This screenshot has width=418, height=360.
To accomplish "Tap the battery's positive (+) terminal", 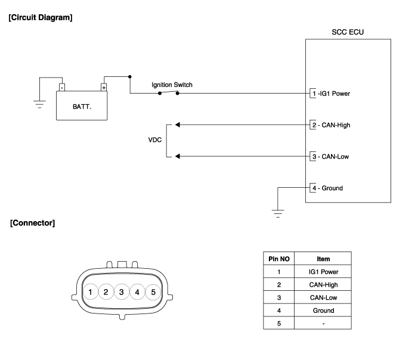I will [x=104, y=87].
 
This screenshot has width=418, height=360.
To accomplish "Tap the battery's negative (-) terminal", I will [x=61, y=87].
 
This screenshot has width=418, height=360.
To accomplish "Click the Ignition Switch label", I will [x=171, y=85].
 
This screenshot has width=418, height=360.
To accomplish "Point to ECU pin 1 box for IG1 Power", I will [x=314, y=94].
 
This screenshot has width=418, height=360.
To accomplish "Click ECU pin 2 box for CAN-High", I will [x=314, y=125].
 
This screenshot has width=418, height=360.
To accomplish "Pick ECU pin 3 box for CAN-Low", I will [x=314, y=157].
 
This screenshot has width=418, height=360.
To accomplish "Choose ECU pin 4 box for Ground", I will [x=314, y=188].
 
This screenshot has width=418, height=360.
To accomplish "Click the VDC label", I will [x=155, y=141].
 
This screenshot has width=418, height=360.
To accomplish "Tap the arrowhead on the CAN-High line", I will [x=177, y=125].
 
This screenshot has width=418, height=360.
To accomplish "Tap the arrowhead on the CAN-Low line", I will [x=177, y=157].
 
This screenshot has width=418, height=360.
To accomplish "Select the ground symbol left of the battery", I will [x=39, y=105].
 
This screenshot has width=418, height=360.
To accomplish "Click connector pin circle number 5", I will [x=153, y=292].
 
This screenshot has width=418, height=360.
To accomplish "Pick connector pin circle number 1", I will [x=89, y=292].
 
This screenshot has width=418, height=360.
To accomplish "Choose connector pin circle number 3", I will [x=121, y=292].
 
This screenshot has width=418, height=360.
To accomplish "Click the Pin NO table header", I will [x=279, y=259].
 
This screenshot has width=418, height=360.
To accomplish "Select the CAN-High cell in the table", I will [x=323, y=285].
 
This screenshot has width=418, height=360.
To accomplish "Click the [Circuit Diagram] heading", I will [x=41, y=18].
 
